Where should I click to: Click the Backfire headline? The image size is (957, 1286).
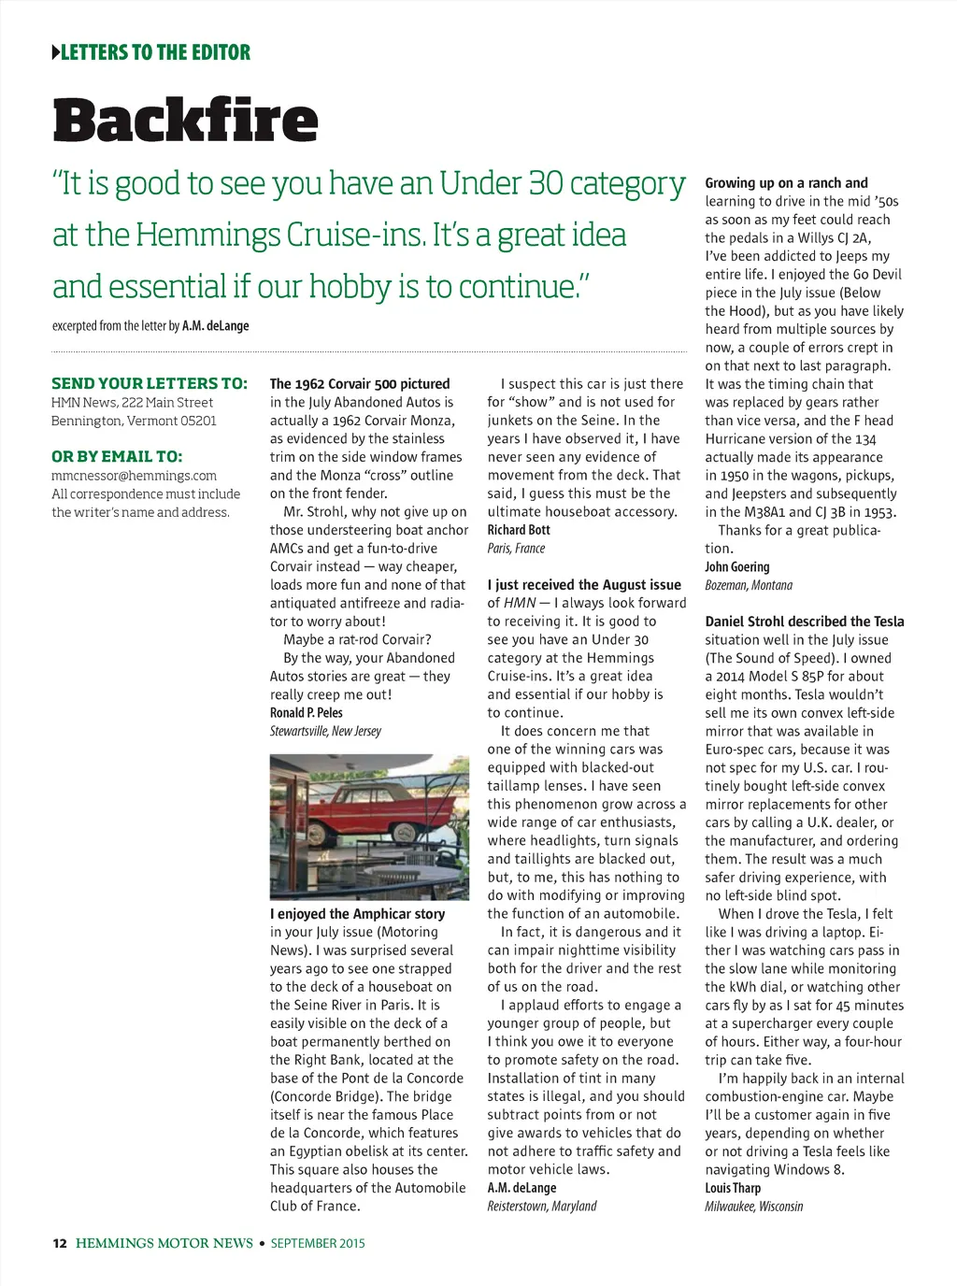[x=185, y=121]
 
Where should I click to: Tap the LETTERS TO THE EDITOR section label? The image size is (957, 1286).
[x=155, y=52]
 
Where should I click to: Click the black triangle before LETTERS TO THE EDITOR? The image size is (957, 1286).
[x=55, y=52]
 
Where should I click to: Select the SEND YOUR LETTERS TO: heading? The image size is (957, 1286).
[x=150, y=383]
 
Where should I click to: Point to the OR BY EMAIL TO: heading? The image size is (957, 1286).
[x=117, y=457]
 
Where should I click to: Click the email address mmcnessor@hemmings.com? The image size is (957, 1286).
[x=134, y=476]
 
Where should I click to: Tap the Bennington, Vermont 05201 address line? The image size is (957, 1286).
[x=134, y=421]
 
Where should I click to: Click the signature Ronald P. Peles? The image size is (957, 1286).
[x=306, y=713]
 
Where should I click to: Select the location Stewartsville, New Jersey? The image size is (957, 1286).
[x=325, y=731]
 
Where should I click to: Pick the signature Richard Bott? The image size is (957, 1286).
[x=519, y=530]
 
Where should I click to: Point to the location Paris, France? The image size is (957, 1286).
[x=516, y=549]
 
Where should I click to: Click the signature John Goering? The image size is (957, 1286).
[x=736, y=567]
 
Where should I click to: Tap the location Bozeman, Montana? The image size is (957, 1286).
[x=748, y=585]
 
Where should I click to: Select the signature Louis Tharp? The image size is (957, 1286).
[x=733, y=1188]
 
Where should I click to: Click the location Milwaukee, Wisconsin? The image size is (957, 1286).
[x=753, y=1207]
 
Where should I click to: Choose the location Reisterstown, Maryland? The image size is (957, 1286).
[x=541, y=1207]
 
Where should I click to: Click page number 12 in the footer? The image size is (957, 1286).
[x=60, y=1243]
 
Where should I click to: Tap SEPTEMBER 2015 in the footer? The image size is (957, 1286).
[x=318, y=1243]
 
